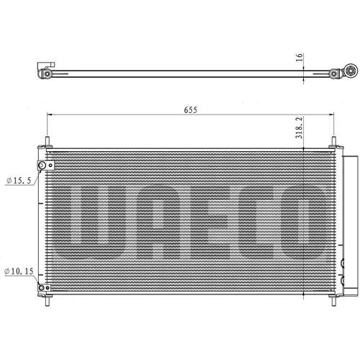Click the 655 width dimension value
point(191,110)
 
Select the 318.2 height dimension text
point(299,127)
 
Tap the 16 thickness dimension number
point(299,57)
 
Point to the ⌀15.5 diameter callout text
point(19,180)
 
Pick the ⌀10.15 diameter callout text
point(19,271)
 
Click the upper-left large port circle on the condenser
point(42,166)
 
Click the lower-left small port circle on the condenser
point(42,287)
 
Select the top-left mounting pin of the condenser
point(48,141)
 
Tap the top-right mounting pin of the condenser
point(333,141)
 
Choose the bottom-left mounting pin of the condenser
point(48,301)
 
